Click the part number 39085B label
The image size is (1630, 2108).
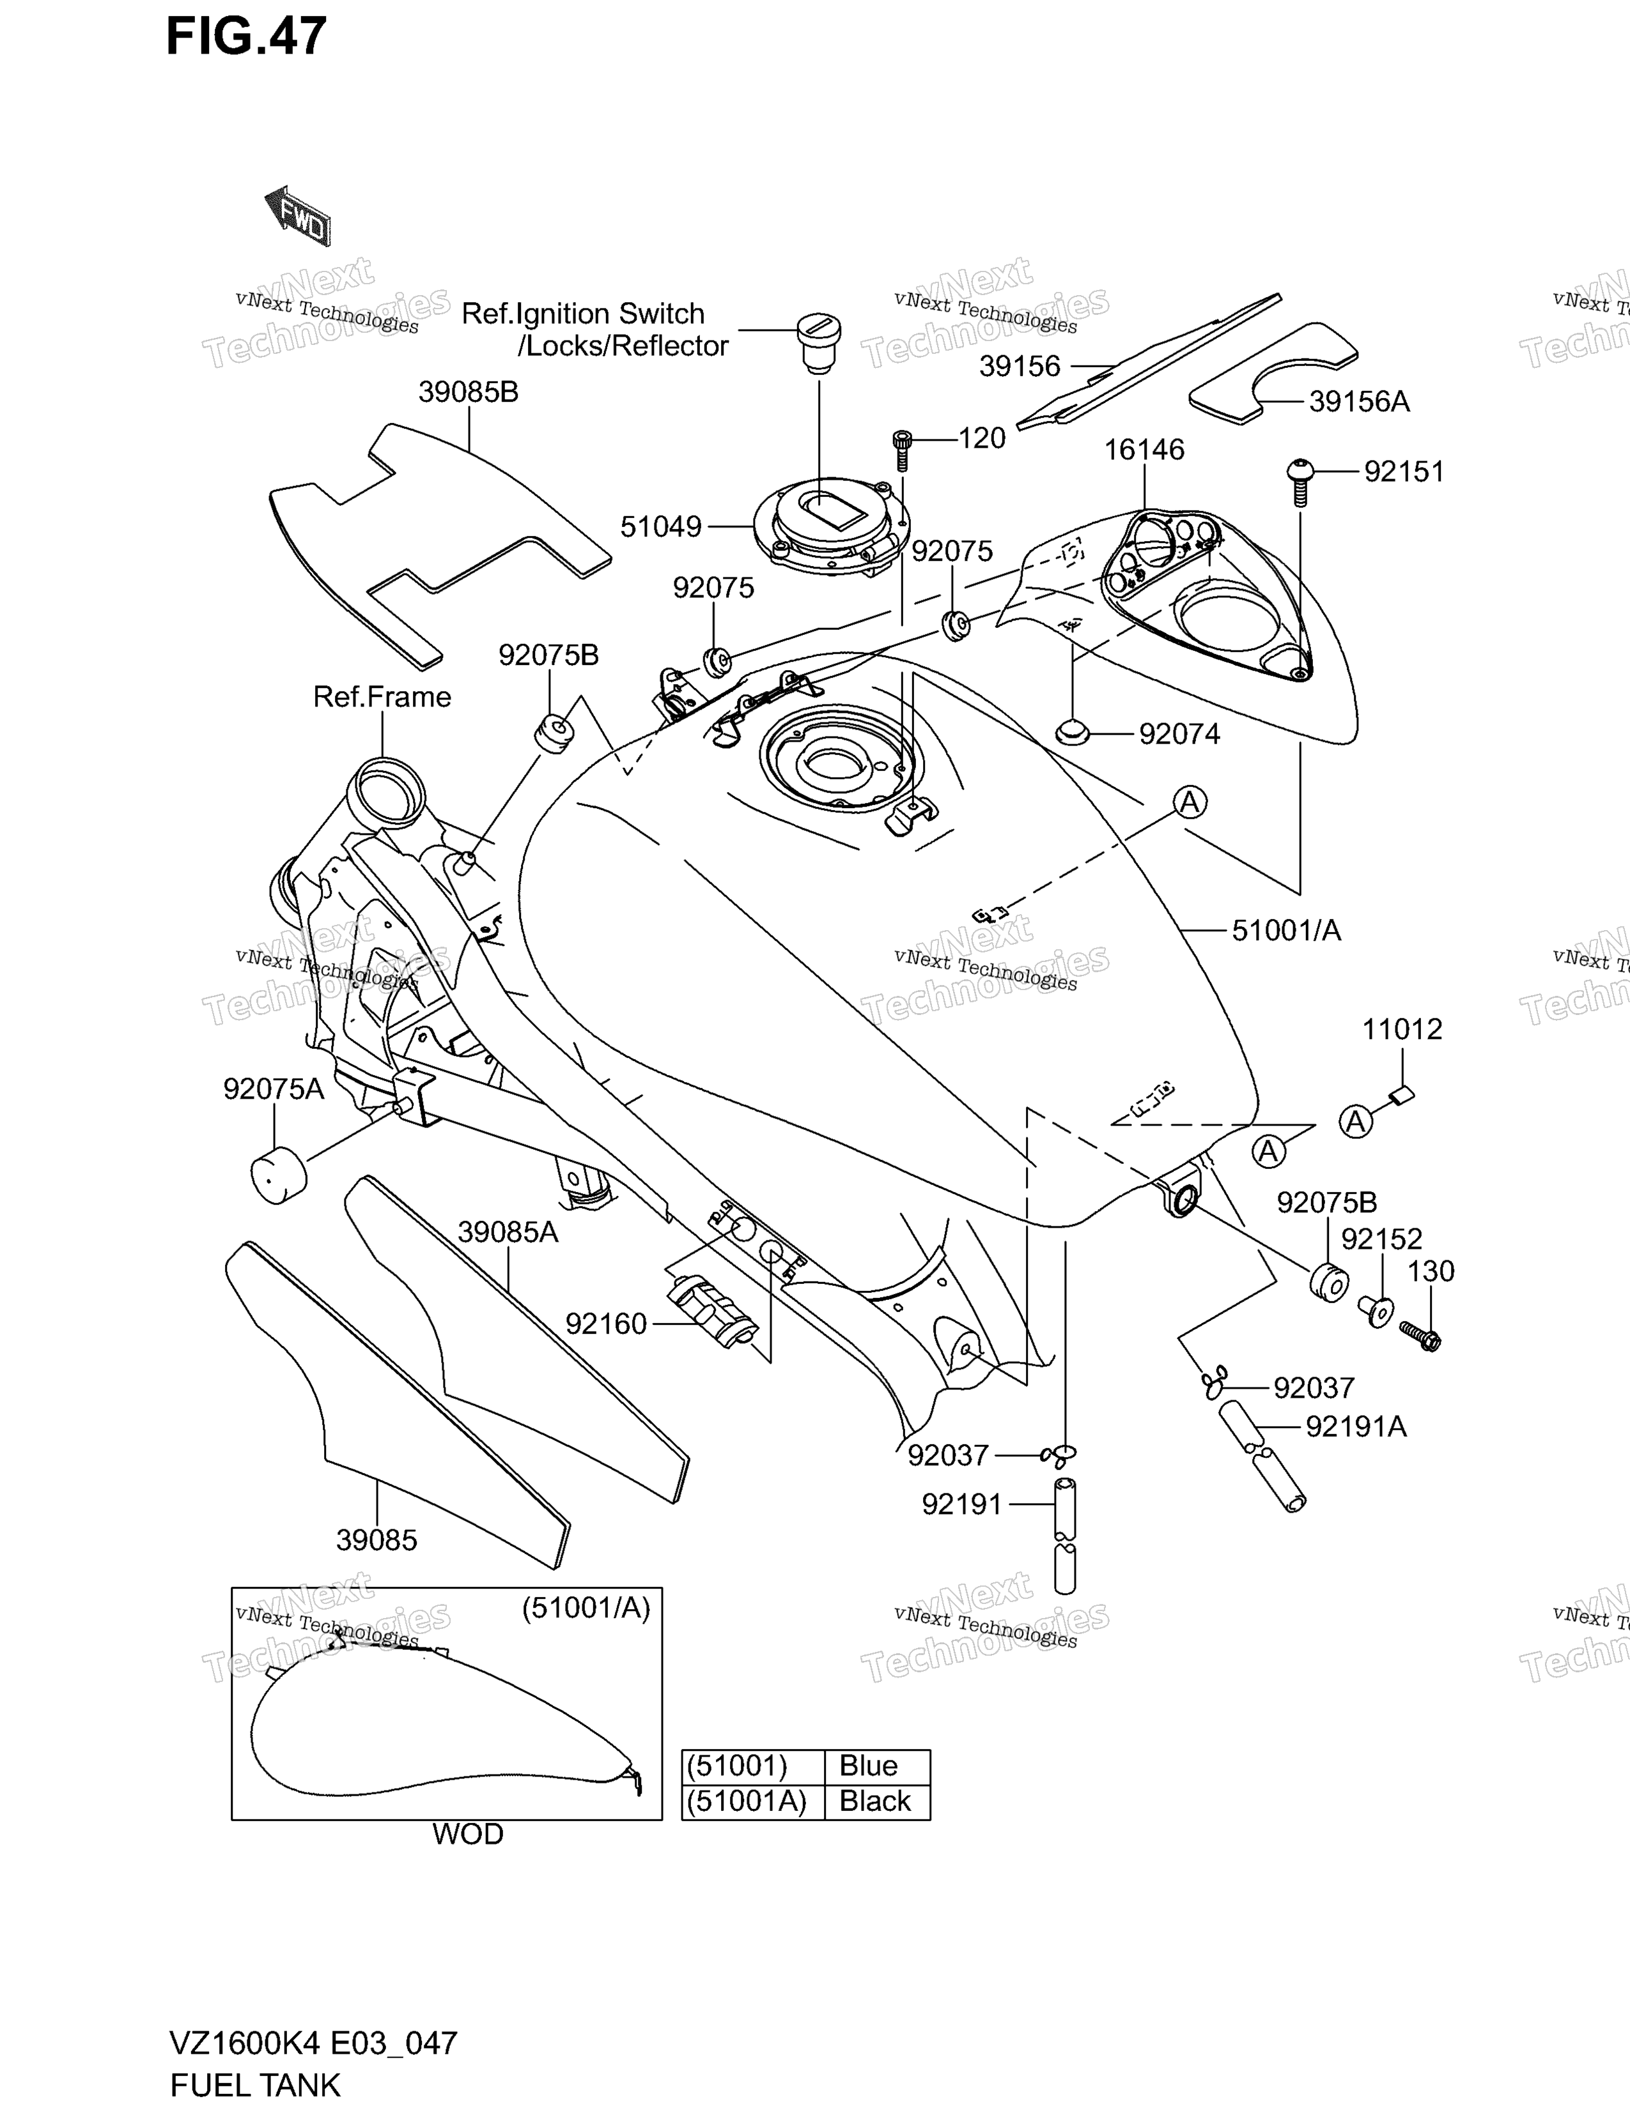(469, 392)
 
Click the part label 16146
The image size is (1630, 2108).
(1144, 450)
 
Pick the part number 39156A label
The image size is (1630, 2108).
(1359, 402)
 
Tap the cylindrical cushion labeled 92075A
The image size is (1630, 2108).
(278, 1175)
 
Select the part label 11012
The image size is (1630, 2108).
(1402, 1029)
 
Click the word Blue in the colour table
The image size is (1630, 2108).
(868, 1766)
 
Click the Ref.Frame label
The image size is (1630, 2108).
(382, 697)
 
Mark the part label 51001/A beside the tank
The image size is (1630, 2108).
(1286, 931)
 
